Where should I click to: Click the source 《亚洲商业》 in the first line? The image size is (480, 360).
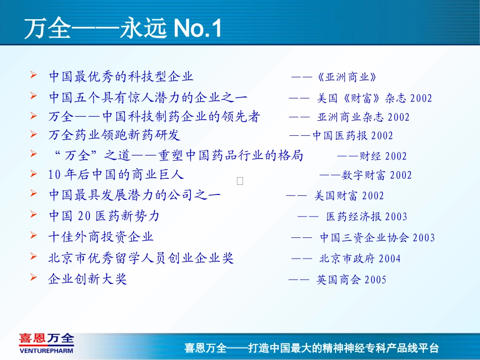pos(348,77)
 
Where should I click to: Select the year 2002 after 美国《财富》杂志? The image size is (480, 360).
pos(421,98)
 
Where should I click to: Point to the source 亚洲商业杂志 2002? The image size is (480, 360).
pos(363,118)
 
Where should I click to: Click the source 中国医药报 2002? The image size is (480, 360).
pos(353,136)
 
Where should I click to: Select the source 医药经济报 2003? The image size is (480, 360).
pos(366,217)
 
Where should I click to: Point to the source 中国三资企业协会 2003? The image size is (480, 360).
pos(377,238)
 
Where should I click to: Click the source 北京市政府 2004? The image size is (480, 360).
pos(360,259)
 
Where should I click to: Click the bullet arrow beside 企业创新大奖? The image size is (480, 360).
pos(34,278)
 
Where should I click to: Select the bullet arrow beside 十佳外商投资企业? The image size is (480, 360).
pos(34,236)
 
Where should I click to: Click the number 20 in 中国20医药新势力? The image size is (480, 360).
pos(85,216)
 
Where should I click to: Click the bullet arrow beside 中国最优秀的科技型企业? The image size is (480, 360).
pos(34,76)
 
